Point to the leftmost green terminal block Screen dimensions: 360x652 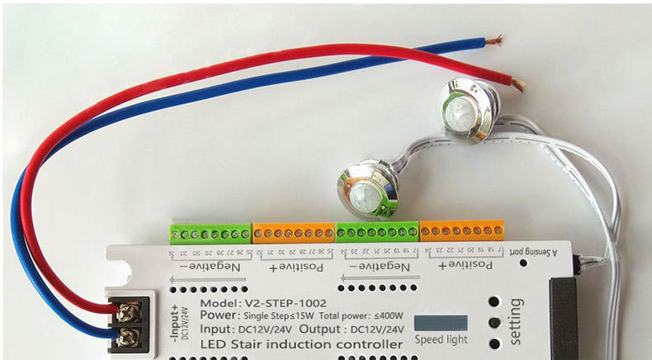(210, 233)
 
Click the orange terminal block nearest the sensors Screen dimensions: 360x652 (461, 230)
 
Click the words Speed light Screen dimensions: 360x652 (440, 339)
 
